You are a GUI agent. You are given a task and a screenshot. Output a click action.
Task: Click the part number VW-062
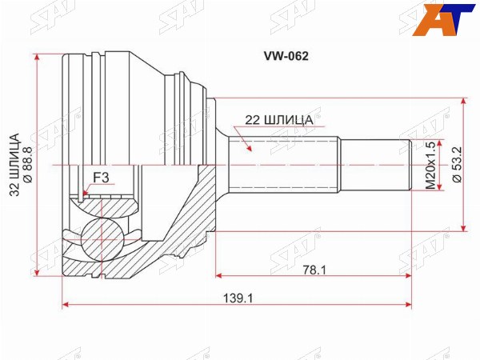coord(286,56)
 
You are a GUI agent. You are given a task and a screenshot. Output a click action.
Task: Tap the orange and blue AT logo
coord(444,19)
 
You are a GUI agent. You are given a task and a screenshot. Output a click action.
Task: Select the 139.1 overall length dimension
coord(238,298)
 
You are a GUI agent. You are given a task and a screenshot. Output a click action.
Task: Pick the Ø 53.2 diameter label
coord(458,164)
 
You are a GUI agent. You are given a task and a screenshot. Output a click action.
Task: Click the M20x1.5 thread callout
coord(430,166)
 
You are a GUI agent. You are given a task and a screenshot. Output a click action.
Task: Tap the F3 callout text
coord(101,178)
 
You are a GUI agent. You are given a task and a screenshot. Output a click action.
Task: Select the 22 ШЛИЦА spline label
coord(279,120)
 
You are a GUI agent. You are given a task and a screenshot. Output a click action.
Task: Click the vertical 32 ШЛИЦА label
coord(14,164)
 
